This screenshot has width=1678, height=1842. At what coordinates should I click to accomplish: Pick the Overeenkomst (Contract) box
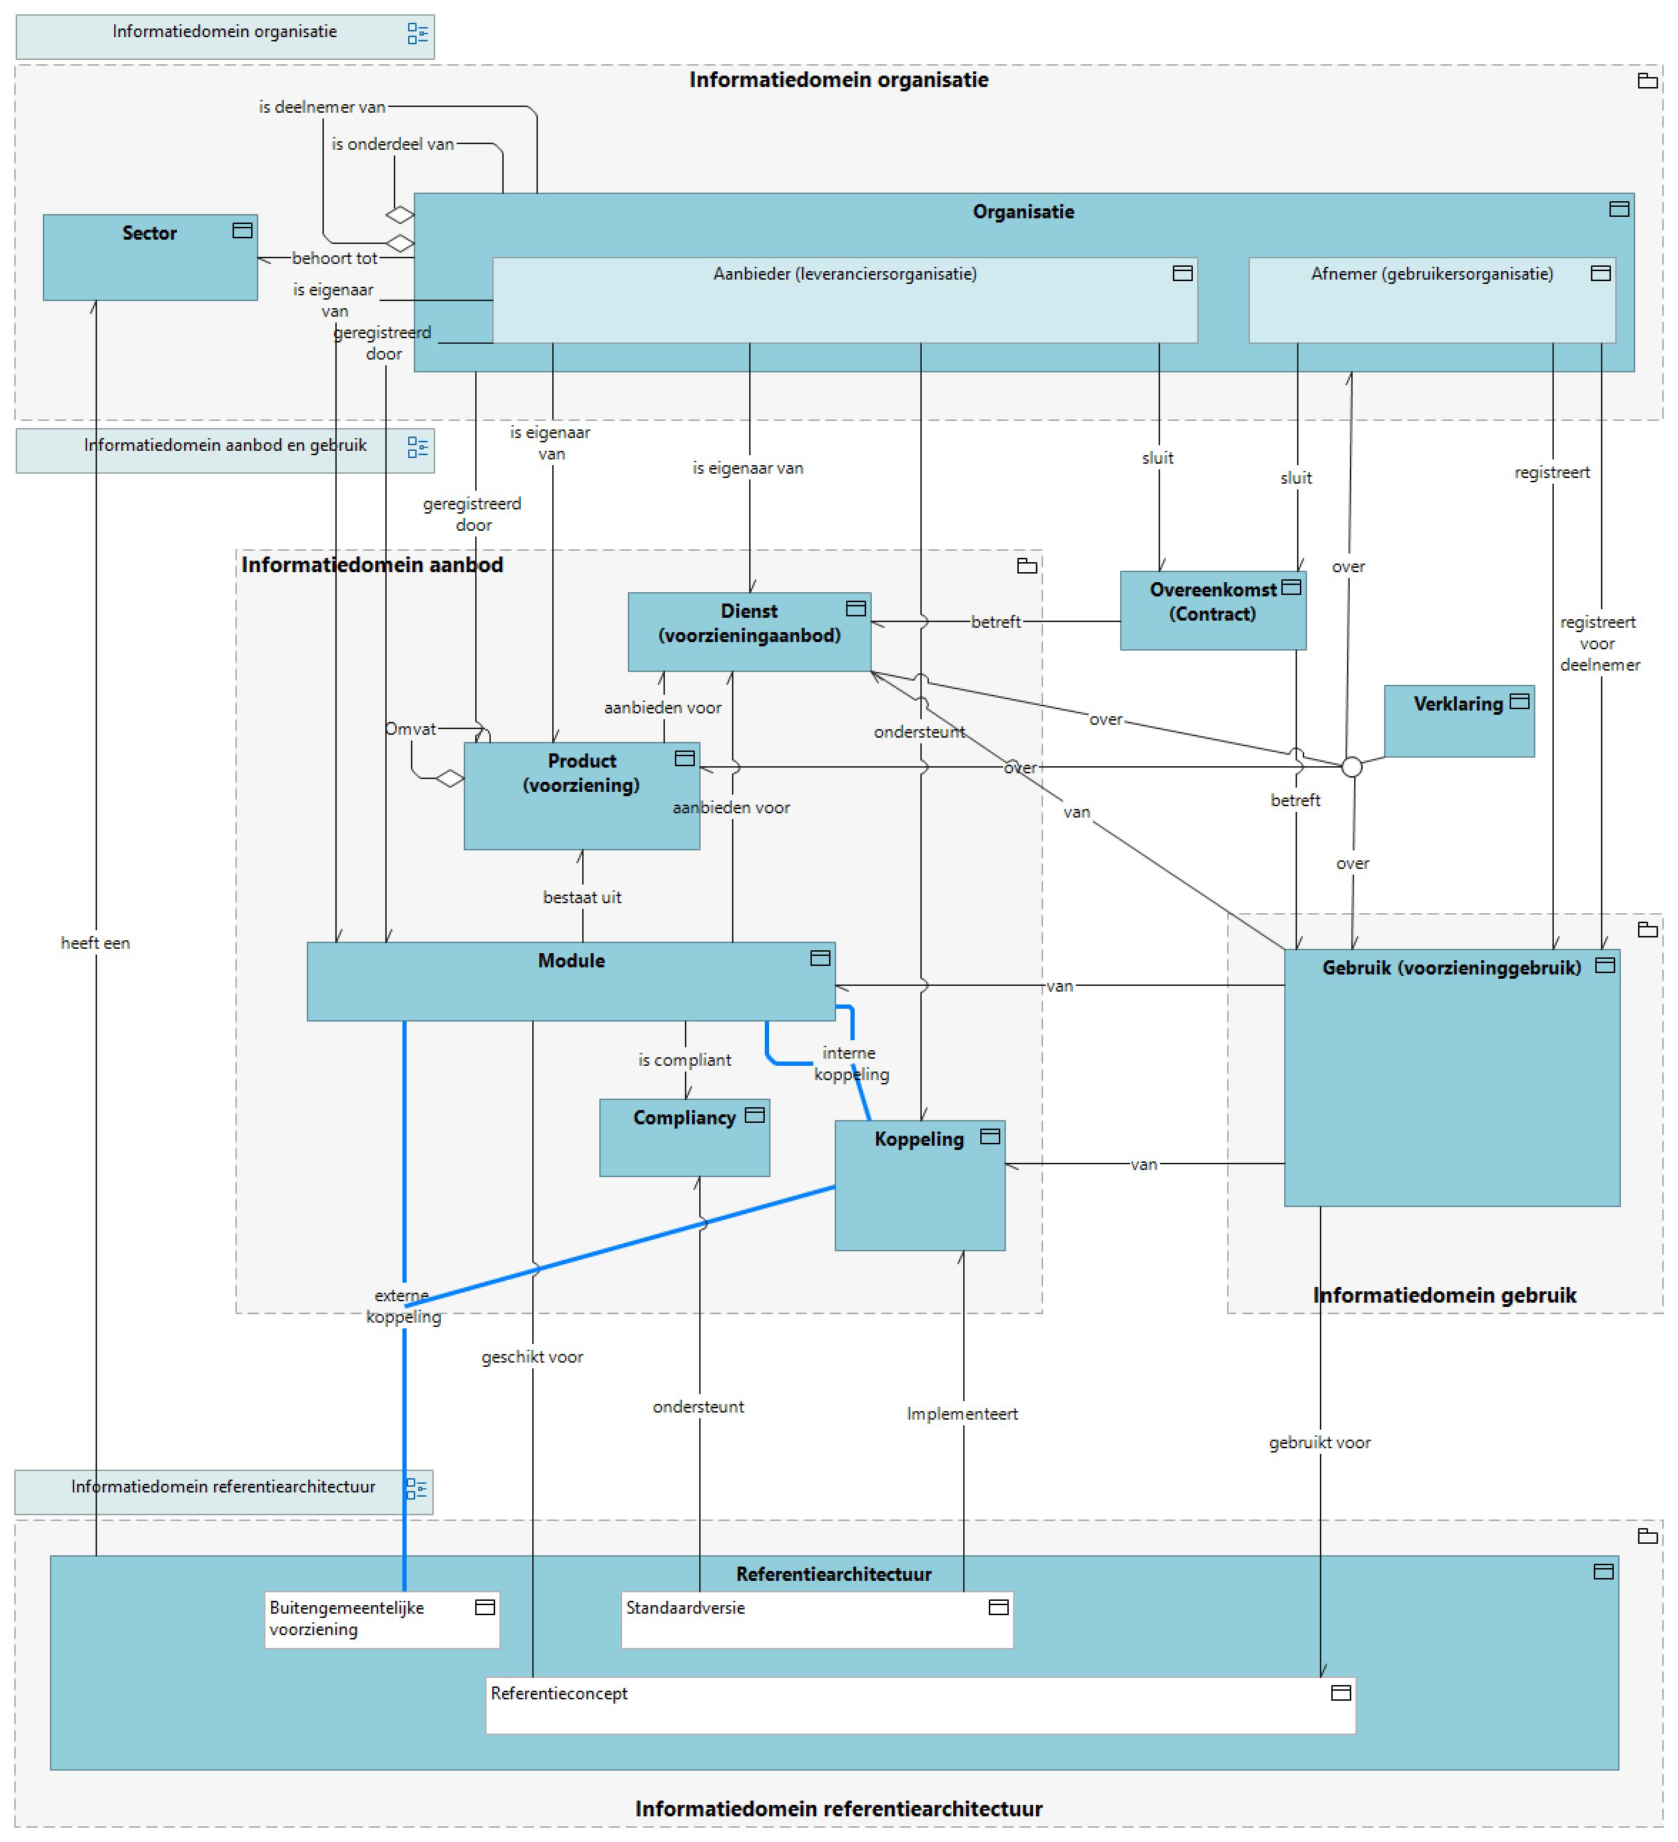coord(1213,611)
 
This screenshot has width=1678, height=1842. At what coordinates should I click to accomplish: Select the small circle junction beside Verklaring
coord(1352,768)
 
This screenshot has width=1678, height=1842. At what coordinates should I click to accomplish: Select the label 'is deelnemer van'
coord(322,107)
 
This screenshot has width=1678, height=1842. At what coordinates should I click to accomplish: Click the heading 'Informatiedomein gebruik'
coord(1444,1296)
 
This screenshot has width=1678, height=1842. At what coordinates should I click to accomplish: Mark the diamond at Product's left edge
coord(449,779)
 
